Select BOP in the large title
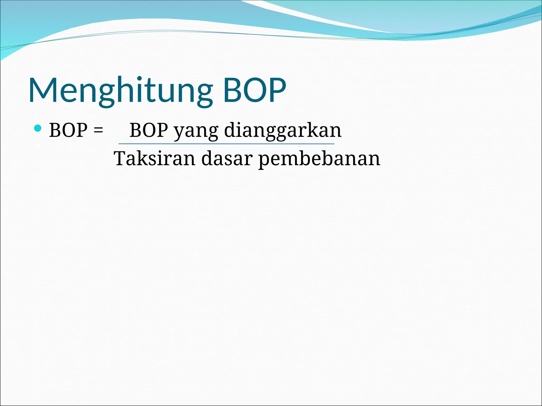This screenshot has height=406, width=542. pyautogui.click(x=255, y=90)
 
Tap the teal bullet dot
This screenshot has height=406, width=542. pyautogui.click(x=38, y=128)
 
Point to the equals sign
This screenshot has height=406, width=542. pyautogui.click(x=98, y=131)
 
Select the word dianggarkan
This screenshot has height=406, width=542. pyautogui.click(x=283, y=131)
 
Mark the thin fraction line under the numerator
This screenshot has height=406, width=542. pyautogui.click(x=227, y=144)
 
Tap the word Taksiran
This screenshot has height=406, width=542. pyautogui.click(x=155, y=159)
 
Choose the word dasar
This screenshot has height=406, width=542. pyautogui.click(x=227, y=159)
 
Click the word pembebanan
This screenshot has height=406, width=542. pyautogui.click(x=319, y=159)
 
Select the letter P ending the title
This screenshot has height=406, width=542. pyautogui.click(x=277, y=90)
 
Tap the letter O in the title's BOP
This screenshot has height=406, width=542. pyautogui.click(x=255, y=90)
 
